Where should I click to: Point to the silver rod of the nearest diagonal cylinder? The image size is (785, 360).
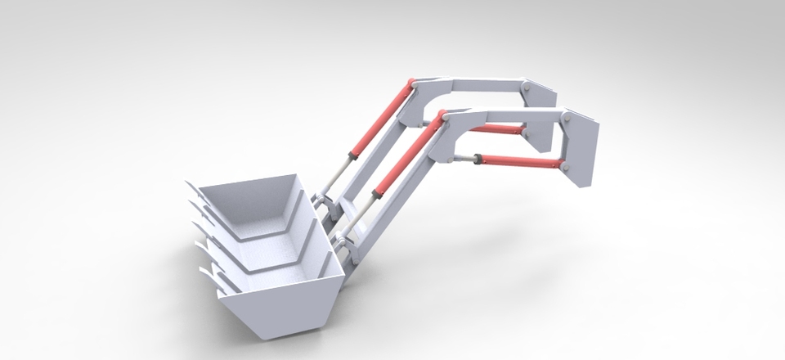[359, 214]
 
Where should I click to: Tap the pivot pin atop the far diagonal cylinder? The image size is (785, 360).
[413, 83]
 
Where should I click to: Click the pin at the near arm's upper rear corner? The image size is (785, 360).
[564, 119]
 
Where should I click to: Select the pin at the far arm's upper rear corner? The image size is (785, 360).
[528, 88]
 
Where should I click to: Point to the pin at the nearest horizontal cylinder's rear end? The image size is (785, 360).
[565, 166]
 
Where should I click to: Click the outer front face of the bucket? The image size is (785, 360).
[286, 311]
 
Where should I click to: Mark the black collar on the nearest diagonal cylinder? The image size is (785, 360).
[377, 194]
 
